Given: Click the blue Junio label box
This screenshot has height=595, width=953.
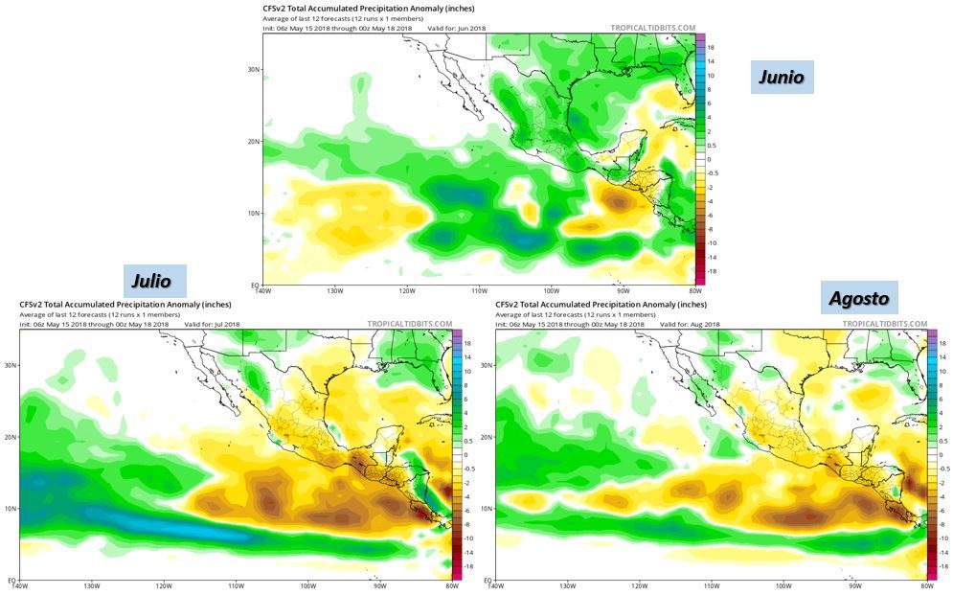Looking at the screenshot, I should [x=781, y=78].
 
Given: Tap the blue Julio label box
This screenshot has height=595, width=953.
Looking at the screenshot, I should [x=153, y=282].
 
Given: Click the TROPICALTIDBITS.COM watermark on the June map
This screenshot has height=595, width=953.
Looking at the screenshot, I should [x=653, y=29].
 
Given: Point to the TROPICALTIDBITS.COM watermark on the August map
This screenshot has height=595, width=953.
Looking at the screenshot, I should [x=886, y=324].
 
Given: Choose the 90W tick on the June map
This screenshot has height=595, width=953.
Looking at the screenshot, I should [x=623, y=292].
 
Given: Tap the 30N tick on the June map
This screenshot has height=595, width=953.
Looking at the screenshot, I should [x=253, y=70].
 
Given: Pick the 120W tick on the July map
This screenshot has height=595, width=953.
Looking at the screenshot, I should [x=164, y=586].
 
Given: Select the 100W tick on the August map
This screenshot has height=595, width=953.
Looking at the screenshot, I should [x=783, y=586].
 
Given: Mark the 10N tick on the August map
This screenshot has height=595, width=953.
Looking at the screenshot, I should [x=486, y=508].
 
